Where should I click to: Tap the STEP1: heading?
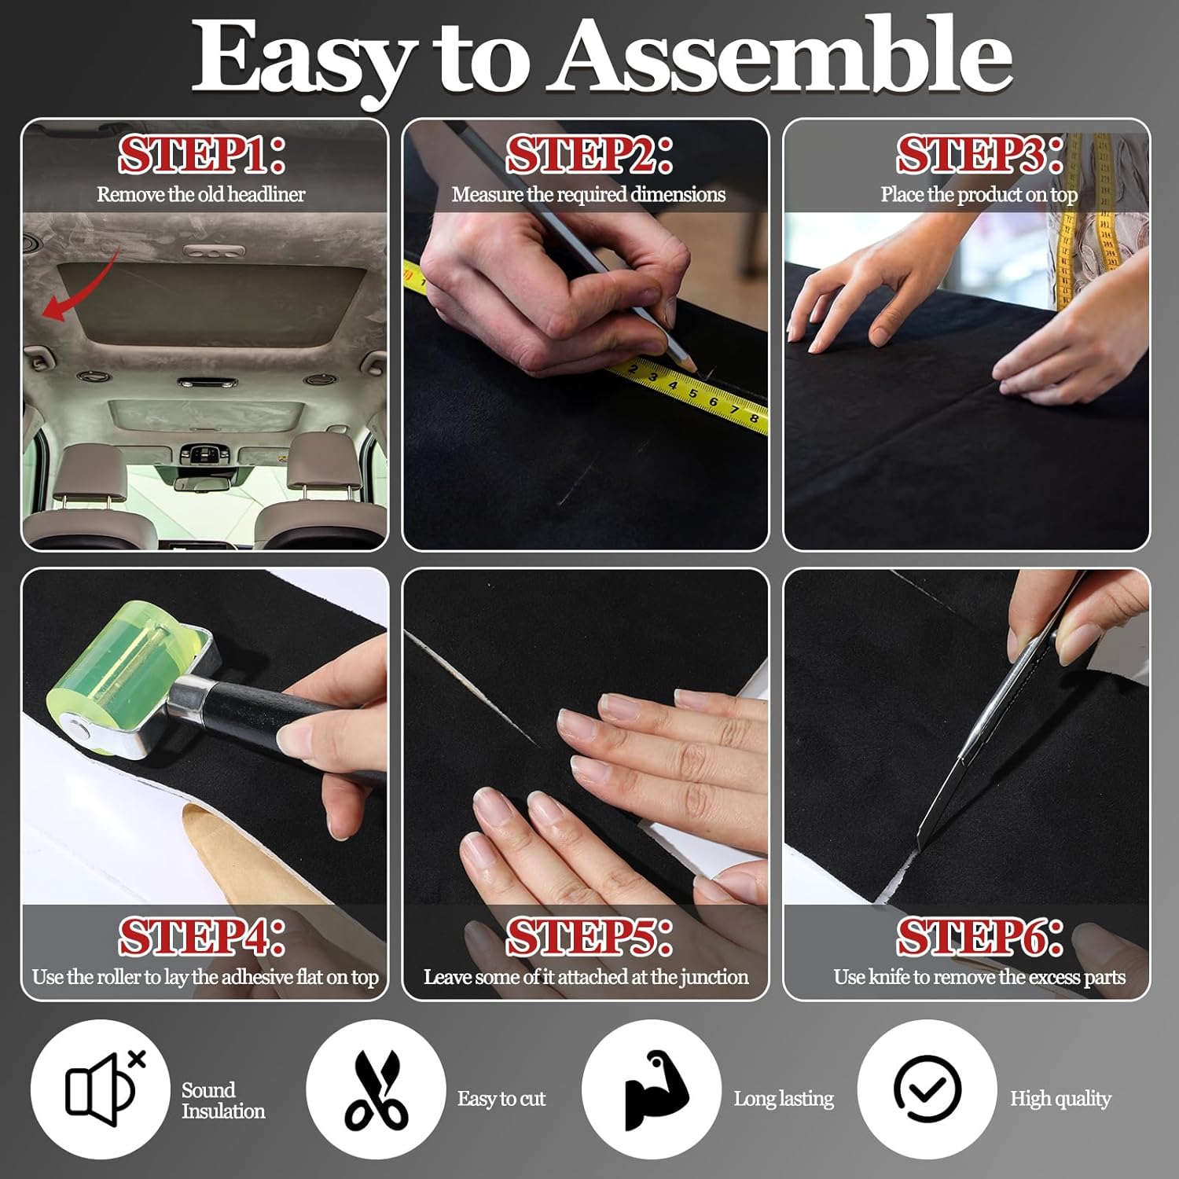pyautogui.click(x=201, y=154)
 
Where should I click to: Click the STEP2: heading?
pyautogui.click(x=589, y=154)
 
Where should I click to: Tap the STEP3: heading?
pyautogui.click(x=979, y=154)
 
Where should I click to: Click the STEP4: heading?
pyautogui.click(x=201, y=936)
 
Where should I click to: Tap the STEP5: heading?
pyautogui.click(x=589, y=936)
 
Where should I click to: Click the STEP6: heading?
pyautogui.click(x=979, y=936)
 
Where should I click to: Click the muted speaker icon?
pyautogui.click(x=101, y=1089)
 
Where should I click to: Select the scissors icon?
pyautogui.click(x=376, y=1089)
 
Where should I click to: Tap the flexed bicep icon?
pyautogui.click(x=652, y=1089)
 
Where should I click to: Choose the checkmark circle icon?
pyautogui.click(x=927, y=1089)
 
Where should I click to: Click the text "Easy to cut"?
pyautogui.click(x=501, y=1098)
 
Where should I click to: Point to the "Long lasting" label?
pyautogui.click(x=784, y=1098)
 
